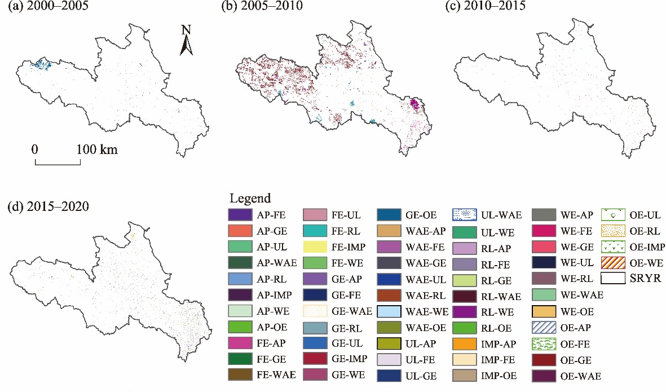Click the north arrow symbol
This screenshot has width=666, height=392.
(x=187, y=41)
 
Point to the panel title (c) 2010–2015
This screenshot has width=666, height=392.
(x=486, y=7)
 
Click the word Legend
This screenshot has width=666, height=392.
(x=250, y=199)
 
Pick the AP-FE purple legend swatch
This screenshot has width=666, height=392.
(x=239, y=214)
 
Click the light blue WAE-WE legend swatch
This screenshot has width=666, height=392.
(x=389, y=311)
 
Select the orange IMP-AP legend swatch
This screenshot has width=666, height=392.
(x=464, y=343)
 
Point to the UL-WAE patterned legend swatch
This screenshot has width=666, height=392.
(x=464, y=214)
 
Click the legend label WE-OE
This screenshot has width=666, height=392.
(x=576, y=311)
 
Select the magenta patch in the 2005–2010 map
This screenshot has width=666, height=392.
(x=416, y=104)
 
